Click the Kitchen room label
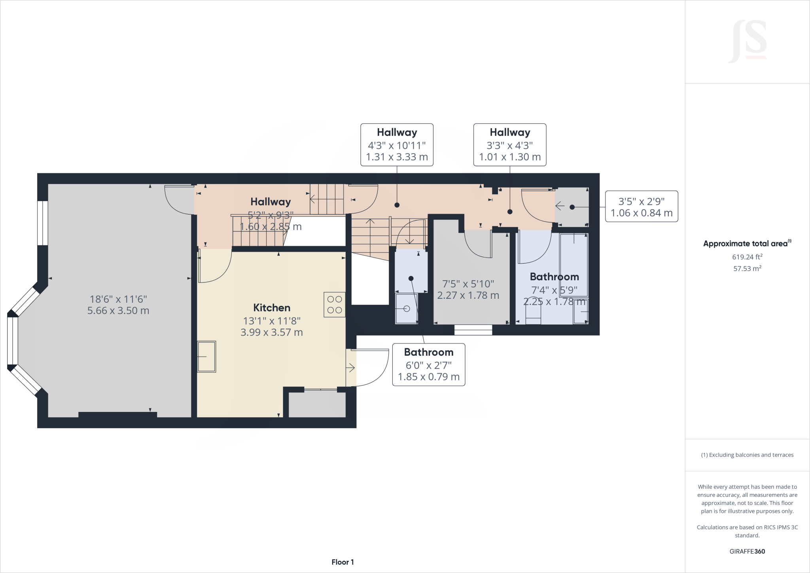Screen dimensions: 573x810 pyautogui.click(x=272, y=308)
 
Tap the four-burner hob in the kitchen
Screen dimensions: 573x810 pyautogui.click(x=335, y=304)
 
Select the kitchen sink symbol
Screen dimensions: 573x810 pyautogui.click(x=206, y=357)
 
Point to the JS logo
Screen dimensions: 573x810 pyautogui.click(x=747, y=42)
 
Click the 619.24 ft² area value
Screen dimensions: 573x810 pyautogui.click(x=747, y=257)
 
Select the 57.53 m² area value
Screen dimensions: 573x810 pyautogui.click(x=747, y=269)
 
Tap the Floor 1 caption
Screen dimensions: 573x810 pyautogui.click(x=343, y=562)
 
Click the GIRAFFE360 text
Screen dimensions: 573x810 pyautogui.click(x=747, y=551)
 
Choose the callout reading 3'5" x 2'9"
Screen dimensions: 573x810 pyautogui.click(x=642, y=207)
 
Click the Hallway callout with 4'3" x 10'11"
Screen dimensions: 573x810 pyautogui.click(x=397, y=144)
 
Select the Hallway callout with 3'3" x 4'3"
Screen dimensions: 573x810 pyautogui.click(x=510, y=144)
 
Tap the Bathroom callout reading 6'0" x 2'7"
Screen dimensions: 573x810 pyautogui.click(x=429, y=364)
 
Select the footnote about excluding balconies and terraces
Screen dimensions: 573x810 pyautogui.click(x=747, y=455)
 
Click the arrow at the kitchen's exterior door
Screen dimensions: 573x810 pyautogui.click(x=351, y=368)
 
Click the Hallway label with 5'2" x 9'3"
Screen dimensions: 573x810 pyautogui.click(x=271, y=202)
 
